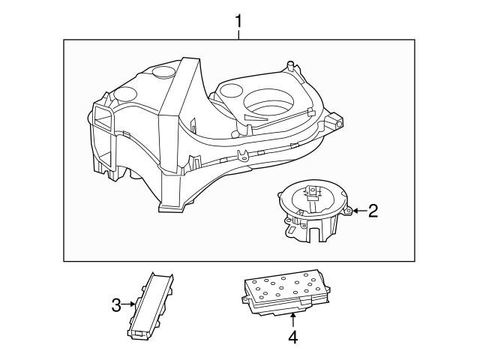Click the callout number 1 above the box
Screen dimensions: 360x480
click(239, 20)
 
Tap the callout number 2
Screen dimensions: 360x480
click(373, 211)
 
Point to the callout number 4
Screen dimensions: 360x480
click(293, 337)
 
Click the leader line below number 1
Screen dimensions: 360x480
click(239, 34)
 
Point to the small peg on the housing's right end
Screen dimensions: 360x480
click(338, 119)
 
